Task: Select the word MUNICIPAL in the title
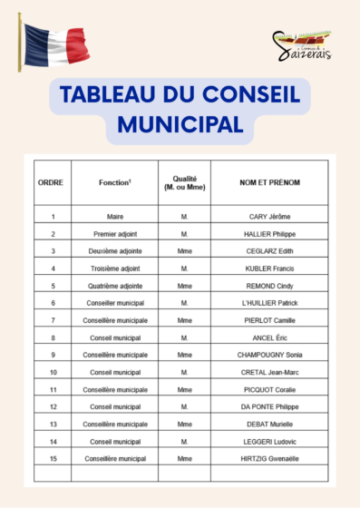(180, 122)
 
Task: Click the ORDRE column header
(52, 182)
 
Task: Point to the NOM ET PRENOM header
(269, 182)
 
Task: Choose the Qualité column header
(184, 182)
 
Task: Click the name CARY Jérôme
(269, 217)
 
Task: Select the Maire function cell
(114, 217)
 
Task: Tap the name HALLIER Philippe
(269, 234)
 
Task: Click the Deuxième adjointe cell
(114, 251)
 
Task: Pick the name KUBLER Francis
(269, 269)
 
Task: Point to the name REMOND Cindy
(269, 286)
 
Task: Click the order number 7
(53, 320)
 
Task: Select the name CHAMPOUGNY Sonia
(269, 355)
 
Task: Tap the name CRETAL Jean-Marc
(269, 372)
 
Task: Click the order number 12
(53, 406)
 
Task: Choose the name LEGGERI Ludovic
(269, 441)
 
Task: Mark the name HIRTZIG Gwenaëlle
(269, 458)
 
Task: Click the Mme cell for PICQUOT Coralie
(184, 389)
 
